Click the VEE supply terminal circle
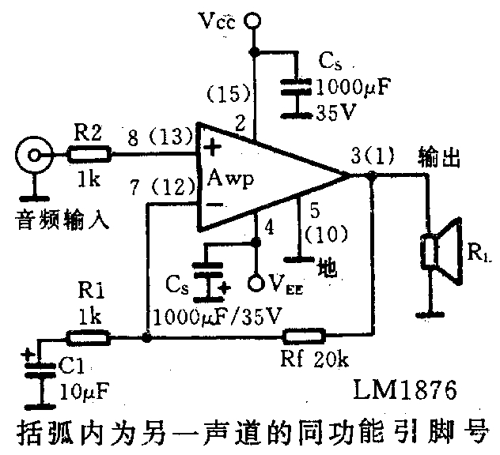(256, 281)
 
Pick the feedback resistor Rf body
(305, 337)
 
